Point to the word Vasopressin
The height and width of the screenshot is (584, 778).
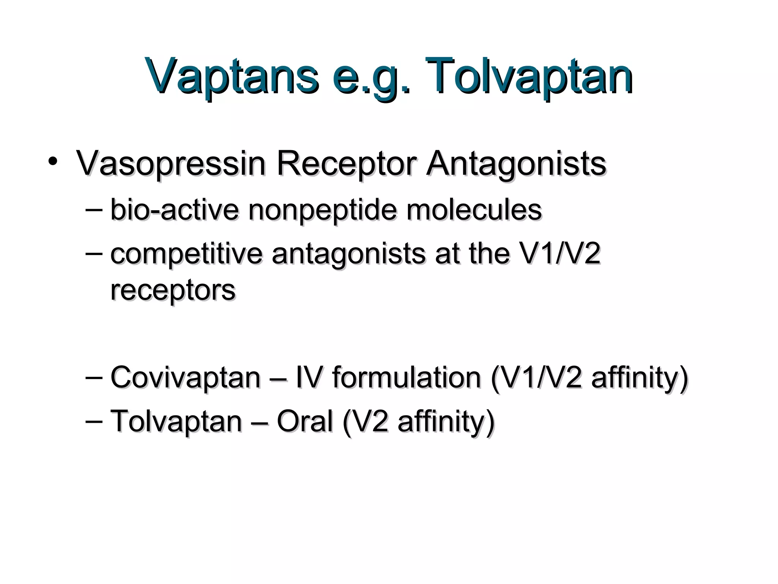tap(171, 163)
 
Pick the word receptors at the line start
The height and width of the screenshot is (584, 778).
tap(173, 291)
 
